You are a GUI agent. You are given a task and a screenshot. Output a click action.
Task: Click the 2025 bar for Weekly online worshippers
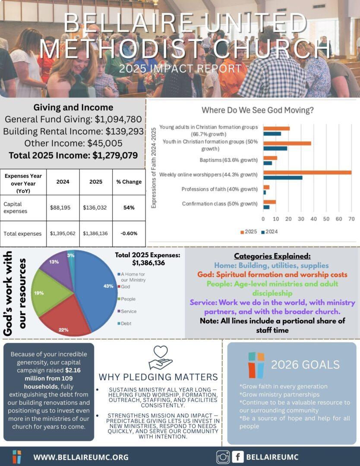pyautogui.click(x=307, y=173)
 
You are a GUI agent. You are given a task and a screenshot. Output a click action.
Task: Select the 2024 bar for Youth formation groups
pyautogui.click(x=275, y=148)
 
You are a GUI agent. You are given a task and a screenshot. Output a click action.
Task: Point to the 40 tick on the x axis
pyautogui.click(x=313, y=219)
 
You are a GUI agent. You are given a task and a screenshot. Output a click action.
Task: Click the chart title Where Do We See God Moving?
pyautogui.click(x=257, y=110)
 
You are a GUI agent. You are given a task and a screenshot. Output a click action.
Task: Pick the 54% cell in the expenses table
pyautogui.click(x=129, y=208)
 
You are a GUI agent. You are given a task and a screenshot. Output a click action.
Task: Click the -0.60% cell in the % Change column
pyautogui.click(x=129, y=233)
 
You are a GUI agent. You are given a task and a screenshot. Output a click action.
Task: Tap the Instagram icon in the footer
pyautogui.click(x=223, y=457)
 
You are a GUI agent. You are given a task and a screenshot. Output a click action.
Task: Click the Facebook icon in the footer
pyautogui.click(x=238, y=457)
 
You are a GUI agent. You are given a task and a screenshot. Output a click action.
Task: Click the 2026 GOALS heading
pyautogui.click(x=305, y=365)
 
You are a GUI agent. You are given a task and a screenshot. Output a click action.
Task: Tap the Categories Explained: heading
pyautogui.click(x=272, y=256)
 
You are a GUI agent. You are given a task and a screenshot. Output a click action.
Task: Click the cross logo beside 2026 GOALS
pyautogui.click(x=256, y=365)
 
